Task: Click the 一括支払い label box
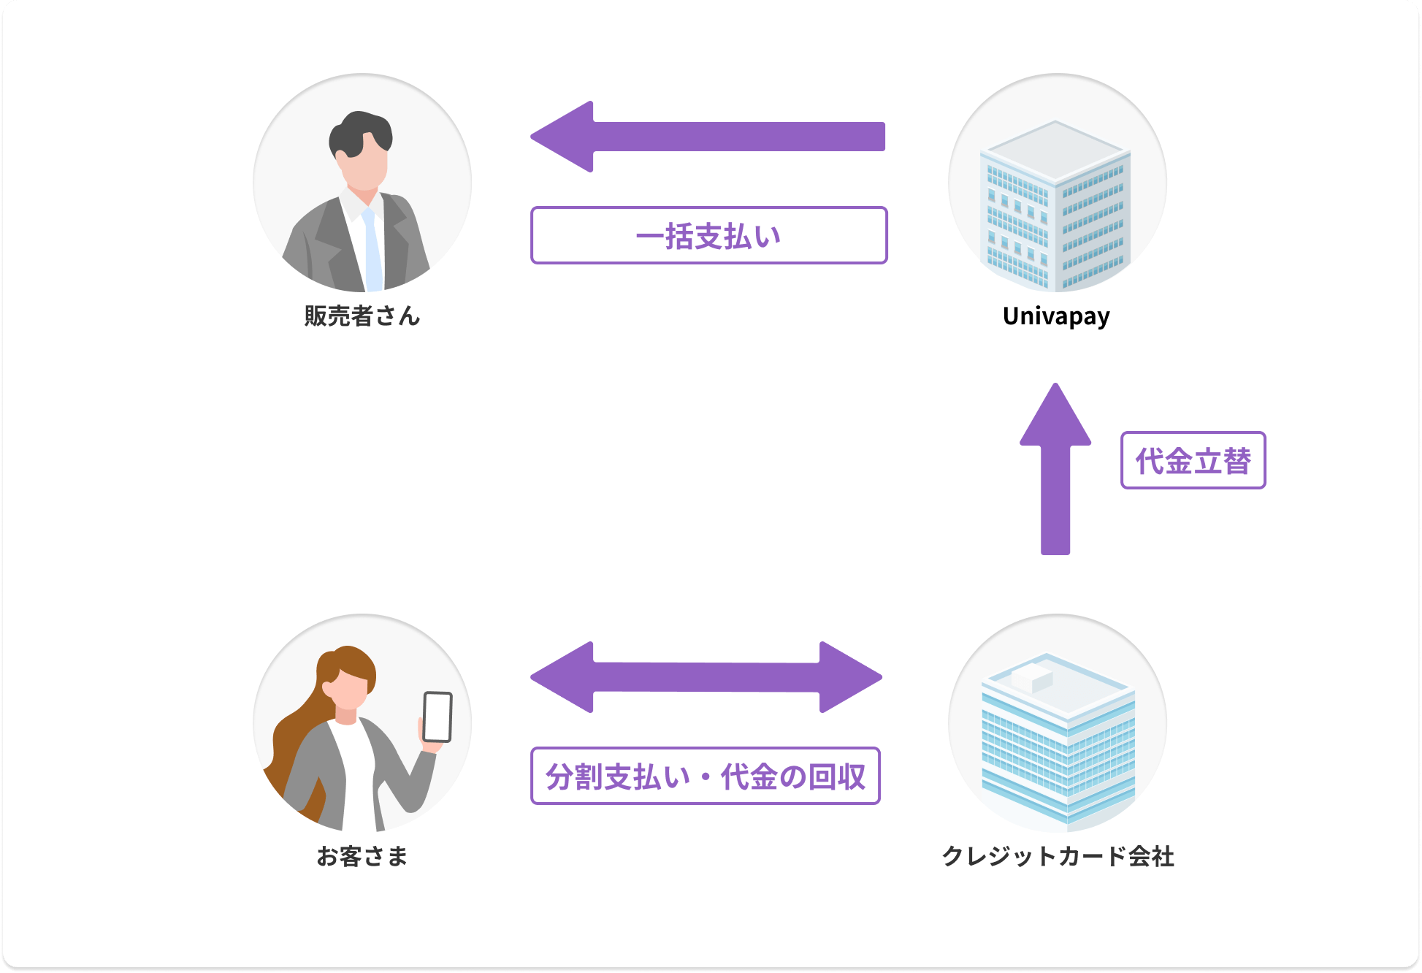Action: click(x=708, y=235)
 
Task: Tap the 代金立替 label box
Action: click(x=1193, y=460)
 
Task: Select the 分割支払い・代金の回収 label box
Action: click(x=705, y=776)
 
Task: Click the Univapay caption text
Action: click(x=1056, y=316)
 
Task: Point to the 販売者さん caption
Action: click(x=362, y=316)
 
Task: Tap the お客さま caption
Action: click(x=362, y=855)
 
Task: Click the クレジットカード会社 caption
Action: click(x=1058, y=855)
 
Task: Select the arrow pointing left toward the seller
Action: click(x=707, y=137)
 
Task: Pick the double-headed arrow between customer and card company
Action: click(x=706, y=677)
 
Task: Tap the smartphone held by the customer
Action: click(x=437, y=717)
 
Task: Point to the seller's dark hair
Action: click(x=359, y=131)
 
